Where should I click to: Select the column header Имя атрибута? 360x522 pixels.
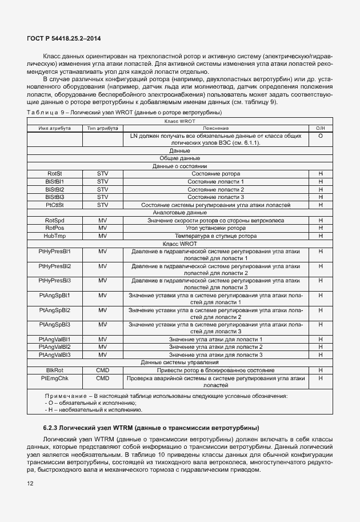tap(54, 129)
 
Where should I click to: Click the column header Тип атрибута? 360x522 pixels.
tap(102, 129)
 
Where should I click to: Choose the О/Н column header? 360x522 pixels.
tap(320, 129)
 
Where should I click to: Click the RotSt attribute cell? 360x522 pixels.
tap(54, 174)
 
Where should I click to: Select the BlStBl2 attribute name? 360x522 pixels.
tap(54, 189)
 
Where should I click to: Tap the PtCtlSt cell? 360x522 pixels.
tap(54, 205)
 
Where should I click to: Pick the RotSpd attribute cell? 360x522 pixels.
tap(54, 220)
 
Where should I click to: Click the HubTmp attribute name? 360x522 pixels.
tap(54, 236)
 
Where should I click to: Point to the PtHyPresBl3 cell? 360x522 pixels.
tap(54, 281)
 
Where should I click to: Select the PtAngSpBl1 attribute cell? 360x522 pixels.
tap(54, 295)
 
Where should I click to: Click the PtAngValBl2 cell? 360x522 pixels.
tap(54, 347)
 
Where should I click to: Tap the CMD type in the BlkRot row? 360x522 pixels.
tap(102, 370)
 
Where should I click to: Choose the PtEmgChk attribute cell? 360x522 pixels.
tap(54, 378)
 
